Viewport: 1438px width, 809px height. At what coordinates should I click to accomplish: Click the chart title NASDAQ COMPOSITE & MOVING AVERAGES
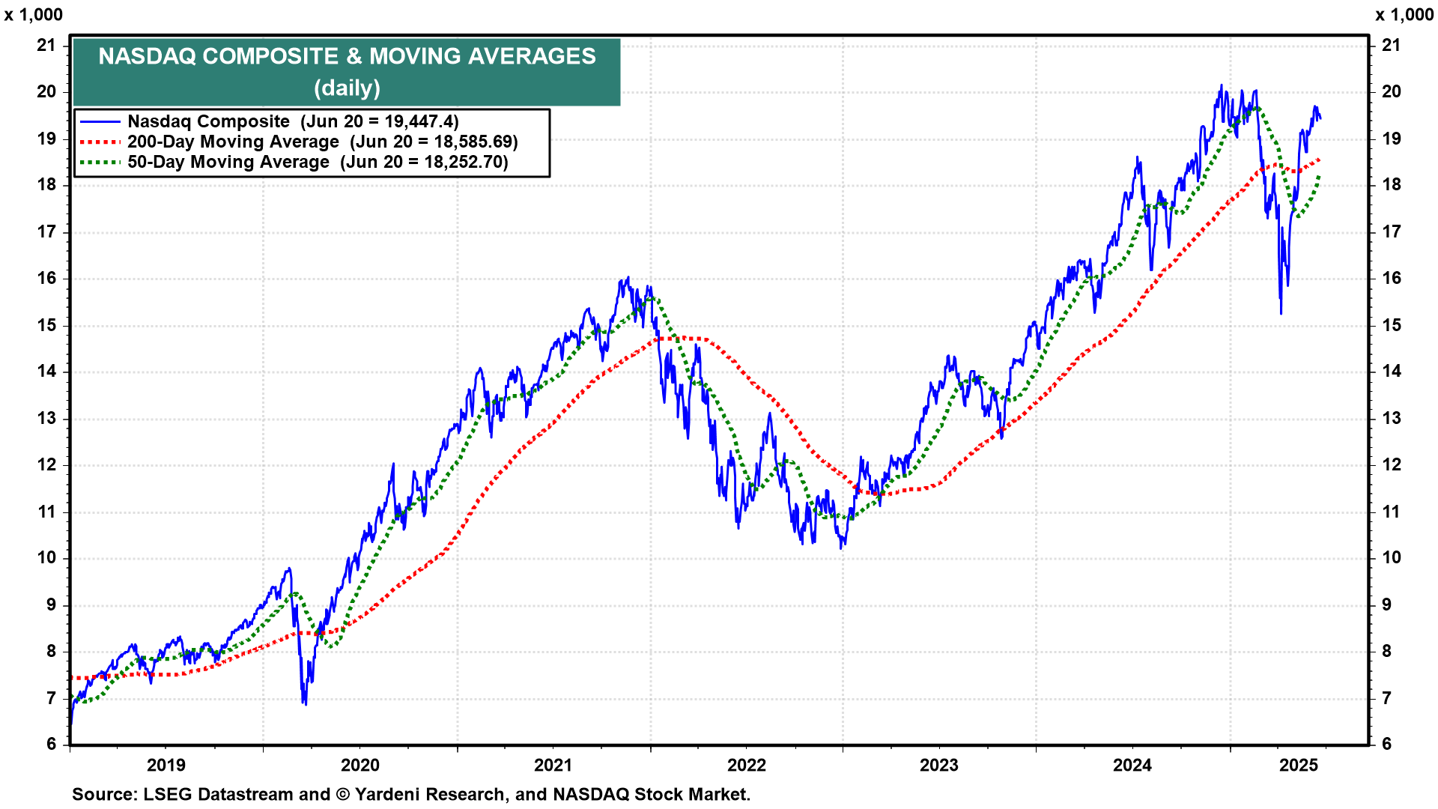[x=347, y=56]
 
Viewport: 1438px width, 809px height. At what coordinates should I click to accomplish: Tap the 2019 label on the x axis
[x=166, y=765]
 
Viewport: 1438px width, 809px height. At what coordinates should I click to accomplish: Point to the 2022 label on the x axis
[x=747, y=765]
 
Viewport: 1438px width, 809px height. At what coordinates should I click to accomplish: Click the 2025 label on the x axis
[x=1298, y=765]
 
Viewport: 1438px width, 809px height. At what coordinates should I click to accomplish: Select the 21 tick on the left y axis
[x=46, y=45]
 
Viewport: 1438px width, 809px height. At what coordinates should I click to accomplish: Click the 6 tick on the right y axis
[x=1386, y=744]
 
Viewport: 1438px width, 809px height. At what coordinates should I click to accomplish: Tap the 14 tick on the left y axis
[x=46, y=371]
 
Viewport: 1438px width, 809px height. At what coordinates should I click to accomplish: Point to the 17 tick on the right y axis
[x=1391, y=231]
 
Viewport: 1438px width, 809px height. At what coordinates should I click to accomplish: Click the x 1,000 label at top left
[x=34, y=15]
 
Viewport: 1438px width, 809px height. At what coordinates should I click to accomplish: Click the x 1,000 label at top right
[x=1404, y=15]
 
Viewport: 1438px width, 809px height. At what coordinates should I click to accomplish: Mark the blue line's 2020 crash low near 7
[x=305, y=703]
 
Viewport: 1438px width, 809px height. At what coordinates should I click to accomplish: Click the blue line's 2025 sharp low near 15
[x=1281, y=312]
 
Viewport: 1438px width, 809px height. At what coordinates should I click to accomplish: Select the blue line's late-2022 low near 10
[x=841, y=548]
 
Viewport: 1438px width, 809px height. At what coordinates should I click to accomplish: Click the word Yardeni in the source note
[x=386, y=794]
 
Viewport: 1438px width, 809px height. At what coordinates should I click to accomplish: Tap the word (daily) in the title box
[x=347, y=88]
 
